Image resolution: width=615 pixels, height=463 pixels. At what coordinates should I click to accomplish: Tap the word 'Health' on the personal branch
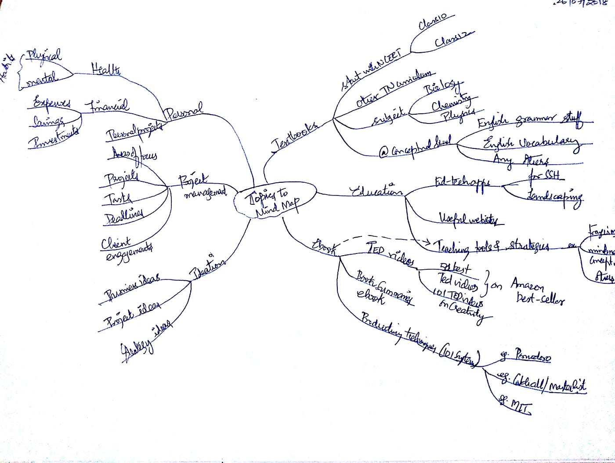tap(106, 69)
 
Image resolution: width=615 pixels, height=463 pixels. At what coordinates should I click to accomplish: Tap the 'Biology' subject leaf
tap(442, 87)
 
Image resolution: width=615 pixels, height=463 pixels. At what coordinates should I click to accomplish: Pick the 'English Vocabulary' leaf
tap(531, 142)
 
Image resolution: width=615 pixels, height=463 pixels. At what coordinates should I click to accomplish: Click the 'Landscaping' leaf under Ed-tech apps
tap(554, 195)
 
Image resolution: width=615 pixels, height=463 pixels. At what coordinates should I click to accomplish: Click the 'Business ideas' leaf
tap(132, 286)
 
